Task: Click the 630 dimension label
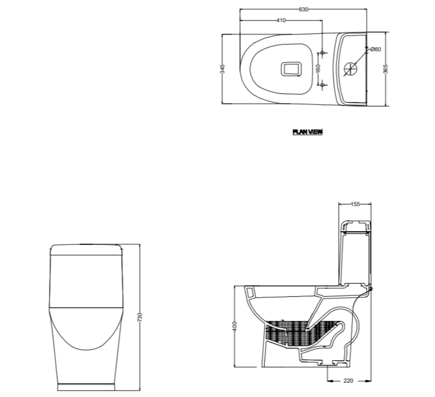pyautogui.click(x=304, y=9)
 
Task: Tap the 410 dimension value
pyautogui.click(x=281, y=20)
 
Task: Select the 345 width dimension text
pyautogui.click(x=222, y=69)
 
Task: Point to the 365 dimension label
pyautogui.click(x=385, y=69)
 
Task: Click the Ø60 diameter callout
pyautogui.click(x=376, y=49)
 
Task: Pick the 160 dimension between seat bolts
pyautogui.click(x=318, y=68)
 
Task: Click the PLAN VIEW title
pyautogui.click(x=307, y=132)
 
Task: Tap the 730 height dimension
pyautogui.click(x=140, y=317)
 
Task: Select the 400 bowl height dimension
pyautogui.click(x=235, y=326)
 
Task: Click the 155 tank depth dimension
pyautogui.click(x=355, y=204)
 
